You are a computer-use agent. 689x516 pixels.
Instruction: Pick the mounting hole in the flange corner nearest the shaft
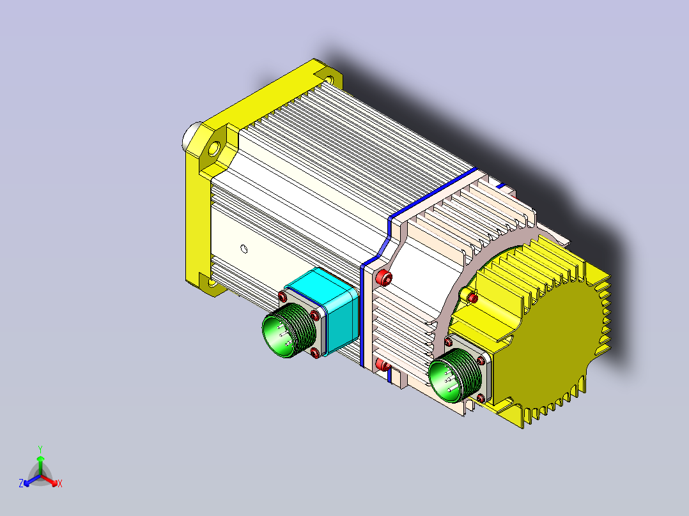(214, 148)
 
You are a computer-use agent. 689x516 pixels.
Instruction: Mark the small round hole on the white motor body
(244, 249)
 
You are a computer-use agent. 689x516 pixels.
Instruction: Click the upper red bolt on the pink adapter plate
(384, 278)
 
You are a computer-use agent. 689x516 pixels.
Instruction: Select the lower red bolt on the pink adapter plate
(383, 365)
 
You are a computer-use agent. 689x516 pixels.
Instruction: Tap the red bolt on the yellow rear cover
(472, 298)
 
